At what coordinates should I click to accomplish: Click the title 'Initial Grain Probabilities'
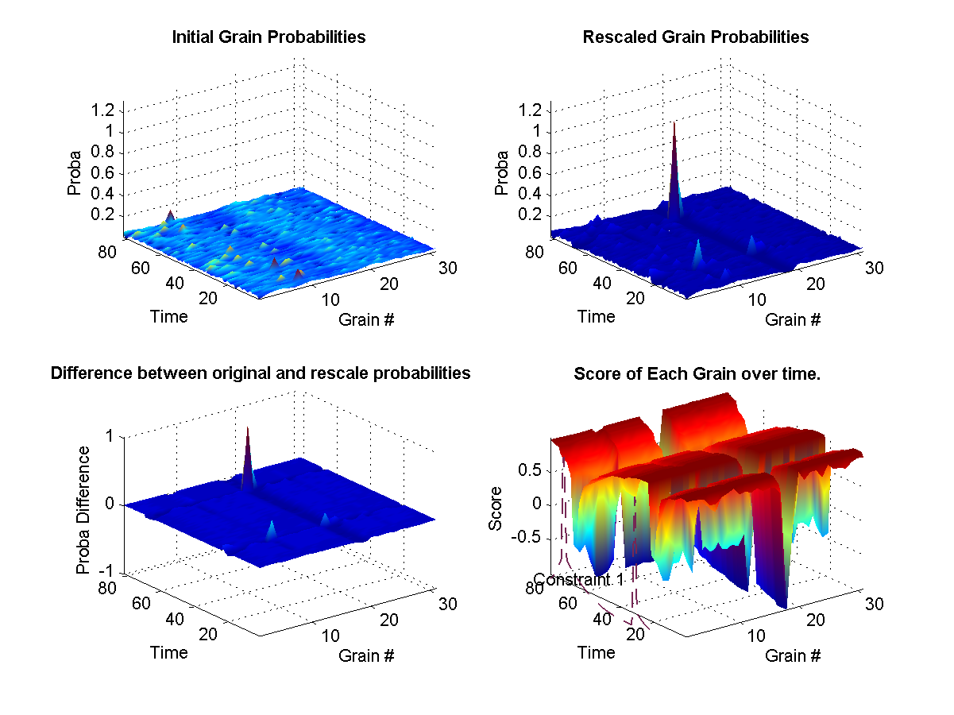click(x=268, y=37)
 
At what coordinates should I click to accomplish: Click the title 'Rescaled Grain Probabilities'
click(x=695, y=37)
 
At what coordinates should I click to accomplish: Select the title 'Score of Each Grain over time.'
click(x=697, y=373)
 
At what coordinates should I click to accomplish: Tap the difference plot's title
click(x=261, y=373)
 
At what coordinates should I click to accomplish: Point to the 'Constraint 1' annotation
click(x=578, y=579)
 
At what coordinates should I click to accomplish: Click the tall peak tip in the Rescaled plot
click(x=674, y=123)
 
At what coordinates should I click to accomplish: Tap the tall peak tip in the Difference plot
click(x=248, y=428)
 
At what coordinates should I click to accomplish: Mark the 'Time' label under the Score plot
click(x=596, y=652)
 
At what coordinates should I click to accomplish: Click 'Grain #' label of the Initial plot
click(x=366, y=320)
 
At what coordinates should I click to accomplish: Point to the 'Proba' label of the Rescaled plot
click(x=502, y=172)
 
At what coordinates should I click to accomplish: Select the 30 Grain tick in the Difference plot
click(x=448, y=604)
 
